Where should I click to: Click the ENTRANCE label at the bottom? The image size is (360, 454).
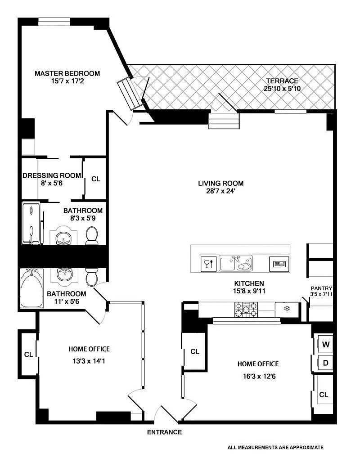point(164,432)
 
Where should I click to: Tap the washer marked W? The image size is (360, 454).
point(325,344)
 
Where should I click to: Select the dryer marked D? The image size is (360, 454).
point(325,363)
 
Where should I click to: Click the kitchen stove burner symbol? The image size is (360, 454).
point(246,310)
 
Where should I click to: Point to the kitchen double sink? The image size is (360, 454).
point(236,263)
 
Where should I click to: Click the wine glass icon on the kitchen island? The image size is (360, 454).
point(208,264)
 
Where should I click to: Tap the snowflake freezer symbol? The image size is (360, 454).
point(287,309)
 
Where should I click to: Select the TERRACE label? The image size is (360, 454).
point(282,81)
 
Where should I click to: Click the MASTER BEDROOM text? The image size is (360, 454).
point(67,73)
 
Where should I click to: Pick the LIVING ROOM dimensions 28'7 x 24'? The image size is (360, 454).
point(220,191)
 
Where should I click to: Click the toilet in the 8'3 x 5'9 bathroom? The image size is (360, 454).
point(92,235)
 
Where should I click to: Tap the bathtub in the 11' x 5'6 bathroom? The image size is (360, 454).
point(31,288)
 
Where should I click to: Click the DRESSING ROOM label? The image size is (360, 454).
point(52,175)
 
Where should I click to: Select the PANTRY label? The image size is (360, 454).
point(321,288)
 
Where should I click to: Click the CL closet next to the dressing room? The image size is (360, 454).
point(95,179)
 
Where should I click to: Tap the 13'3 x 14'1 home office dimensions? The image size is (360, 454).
point(89,361)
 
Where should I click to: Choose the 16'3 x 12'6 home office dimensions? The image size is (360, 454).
point(259,377)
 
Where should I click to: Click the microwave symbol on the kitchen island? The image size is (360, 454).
point(279,264)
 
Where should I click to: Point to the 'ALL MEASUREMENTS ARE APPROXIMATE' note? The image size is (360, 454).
point(275,447)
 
